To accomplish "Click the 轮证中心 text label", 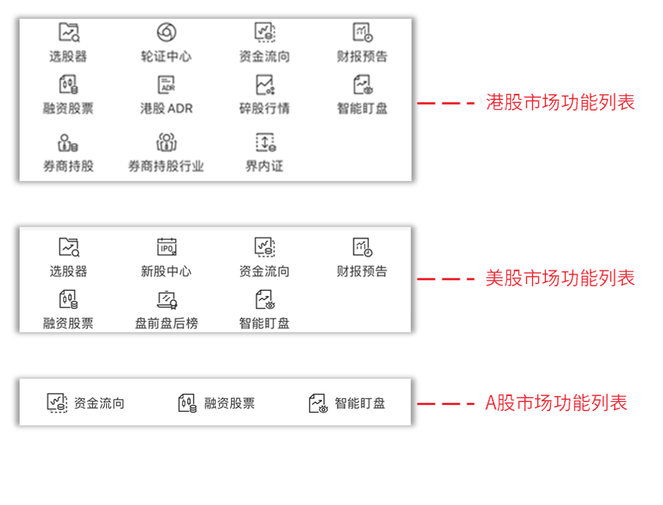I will click(166, 56).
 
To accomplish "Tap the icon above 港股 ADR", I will click(166, 84).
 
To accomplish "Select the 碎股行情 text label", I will click(264, 108).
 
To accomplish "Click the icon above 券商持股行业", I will click(166, 142).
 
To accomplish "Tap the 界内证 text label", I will click(264, 166).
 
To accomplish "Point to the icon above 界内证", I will click(264, 142).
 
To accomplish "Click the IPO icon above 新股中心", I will click(166, 247).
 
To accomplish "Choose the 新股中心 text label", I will click(166, 271).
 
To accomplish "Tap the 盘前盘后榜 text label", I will click(166, 323).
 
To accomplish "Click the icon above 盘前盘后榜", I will click(166, 299).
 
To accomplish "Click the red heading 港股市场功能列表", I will click(560, 102).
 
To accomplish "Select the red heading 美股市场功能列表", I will click(560, 278).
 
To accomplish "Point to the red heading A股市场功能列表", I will click(556, 403).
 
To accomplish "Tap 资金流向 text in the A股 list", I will click(99, 404).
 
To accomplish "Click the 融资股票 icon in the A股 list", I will click(187, 404).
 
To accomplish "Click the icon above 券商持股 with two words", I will click(68, 142).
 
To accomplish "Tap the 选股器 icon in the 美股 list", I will click(68, 247).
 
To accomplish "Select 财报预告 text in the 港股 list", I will click(362, 56).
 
